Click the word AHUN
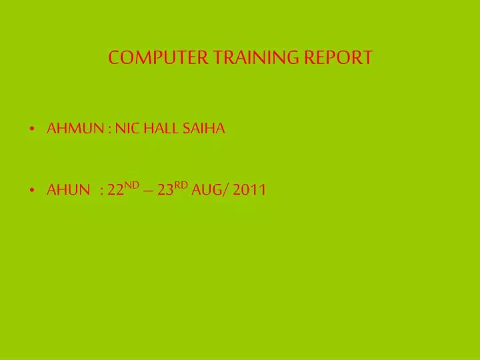pos(68,191)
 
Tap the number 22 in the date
pos(115,191)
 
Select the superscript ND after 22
pos(131,186)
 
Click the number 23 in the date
pos(165,191)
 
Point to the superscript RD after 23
pos(181,186)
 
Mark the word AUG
pos(207,191)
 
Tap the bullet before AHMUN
pos(33,130)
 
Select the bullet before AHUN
pos(33,191)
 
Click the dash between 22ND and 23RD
pos(148,191)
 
